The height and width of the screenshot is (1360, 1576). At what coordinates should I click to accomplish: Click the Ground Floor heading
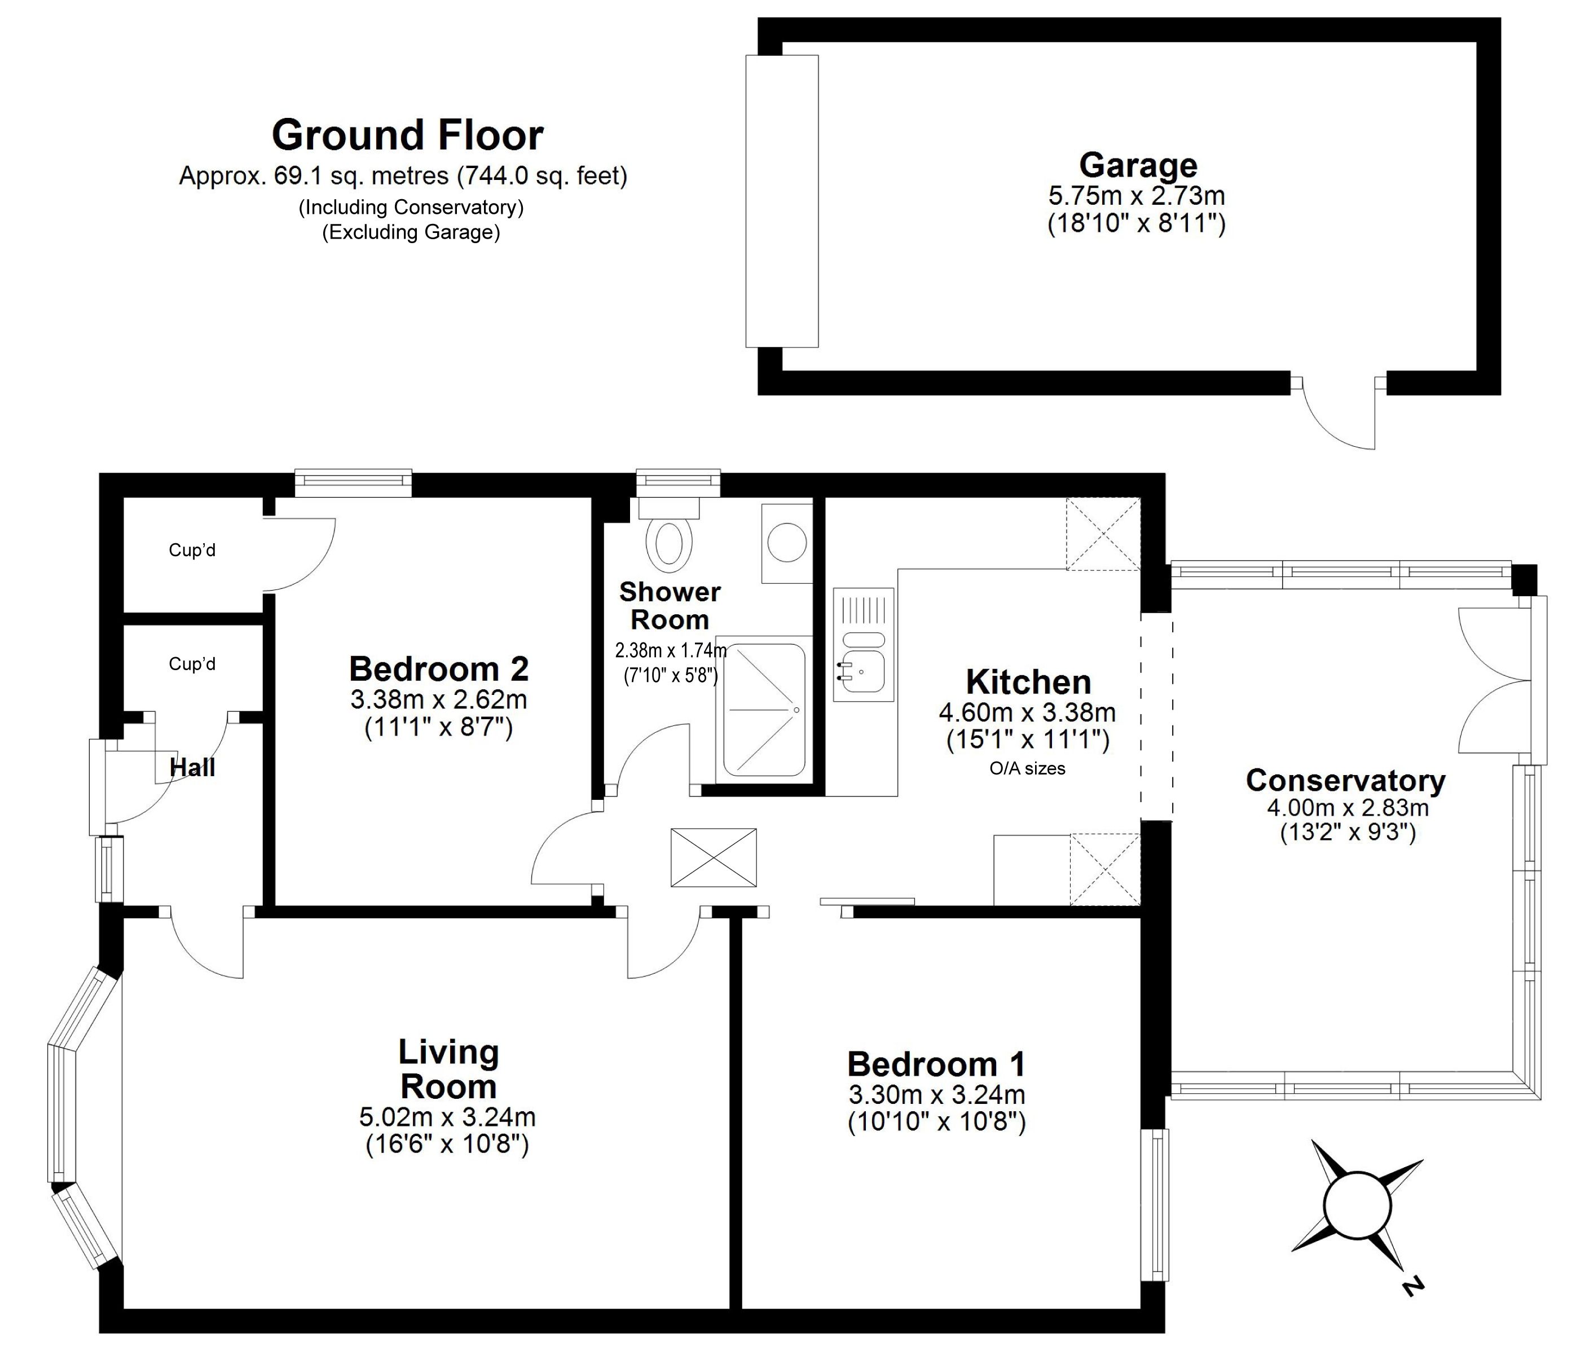pos(408,135)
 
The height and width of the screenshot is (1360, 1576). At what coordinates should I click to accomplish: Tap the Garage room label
pos(1138,165)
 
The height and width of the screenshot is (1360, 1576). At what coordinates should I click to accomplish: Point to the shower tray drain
pos(796,710)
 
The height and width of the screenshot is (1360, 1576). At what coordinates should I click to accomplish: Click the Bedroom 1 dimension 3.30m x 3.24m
pos(937,1094)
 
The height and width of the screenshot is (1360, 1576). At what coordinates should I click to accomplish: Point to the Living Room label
pos(449,1069)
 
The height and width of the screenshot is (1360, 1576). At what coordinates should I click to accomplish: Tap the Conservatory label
pos(1345,780)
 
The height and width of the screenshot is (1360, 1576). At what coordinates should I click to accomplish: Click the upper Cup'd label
pos(192,549)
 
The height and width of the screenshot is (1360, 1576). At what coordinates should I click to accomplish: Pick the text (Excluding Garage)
pos(411,232)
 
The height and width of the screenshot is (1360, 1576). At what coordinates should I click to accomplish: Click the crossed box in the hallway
pos(714,857)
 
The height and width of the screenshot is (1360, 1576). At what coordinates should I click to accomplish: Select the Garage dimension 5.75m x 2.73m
pos(1137,196)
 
